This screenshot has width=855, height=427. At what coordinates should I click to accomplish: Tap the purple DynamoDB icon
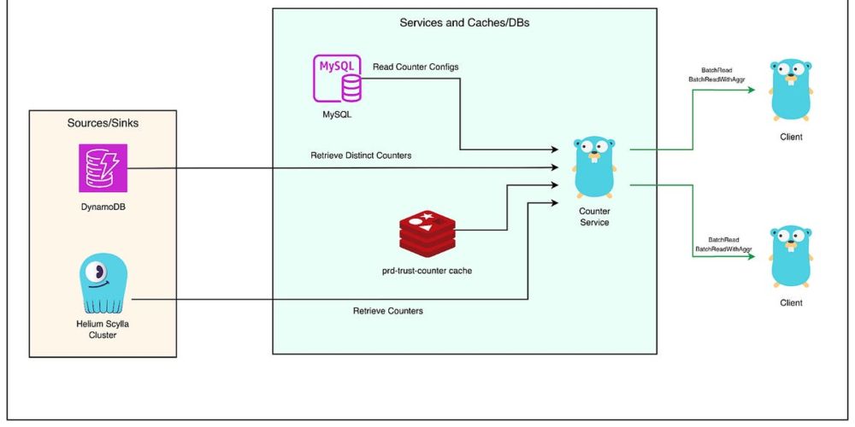103,167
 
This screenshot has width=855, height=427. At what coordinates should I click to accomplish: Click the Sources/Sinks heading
103,123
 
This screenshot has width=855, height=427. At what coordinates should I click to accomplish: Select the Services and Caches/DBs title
464,22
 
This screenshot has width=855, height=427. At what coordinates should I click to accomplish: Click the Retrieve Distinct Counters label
362,155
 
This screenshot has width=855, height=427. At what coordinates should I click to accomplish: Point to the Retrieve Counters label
387,311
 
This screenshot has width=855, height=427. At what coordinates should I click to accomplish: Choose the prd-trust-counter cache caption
427,271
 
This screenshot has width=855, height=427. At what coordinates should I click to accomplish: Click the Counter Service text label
593,217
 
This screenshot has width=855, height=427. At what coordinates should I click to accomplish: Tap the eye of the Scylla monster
101,272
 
